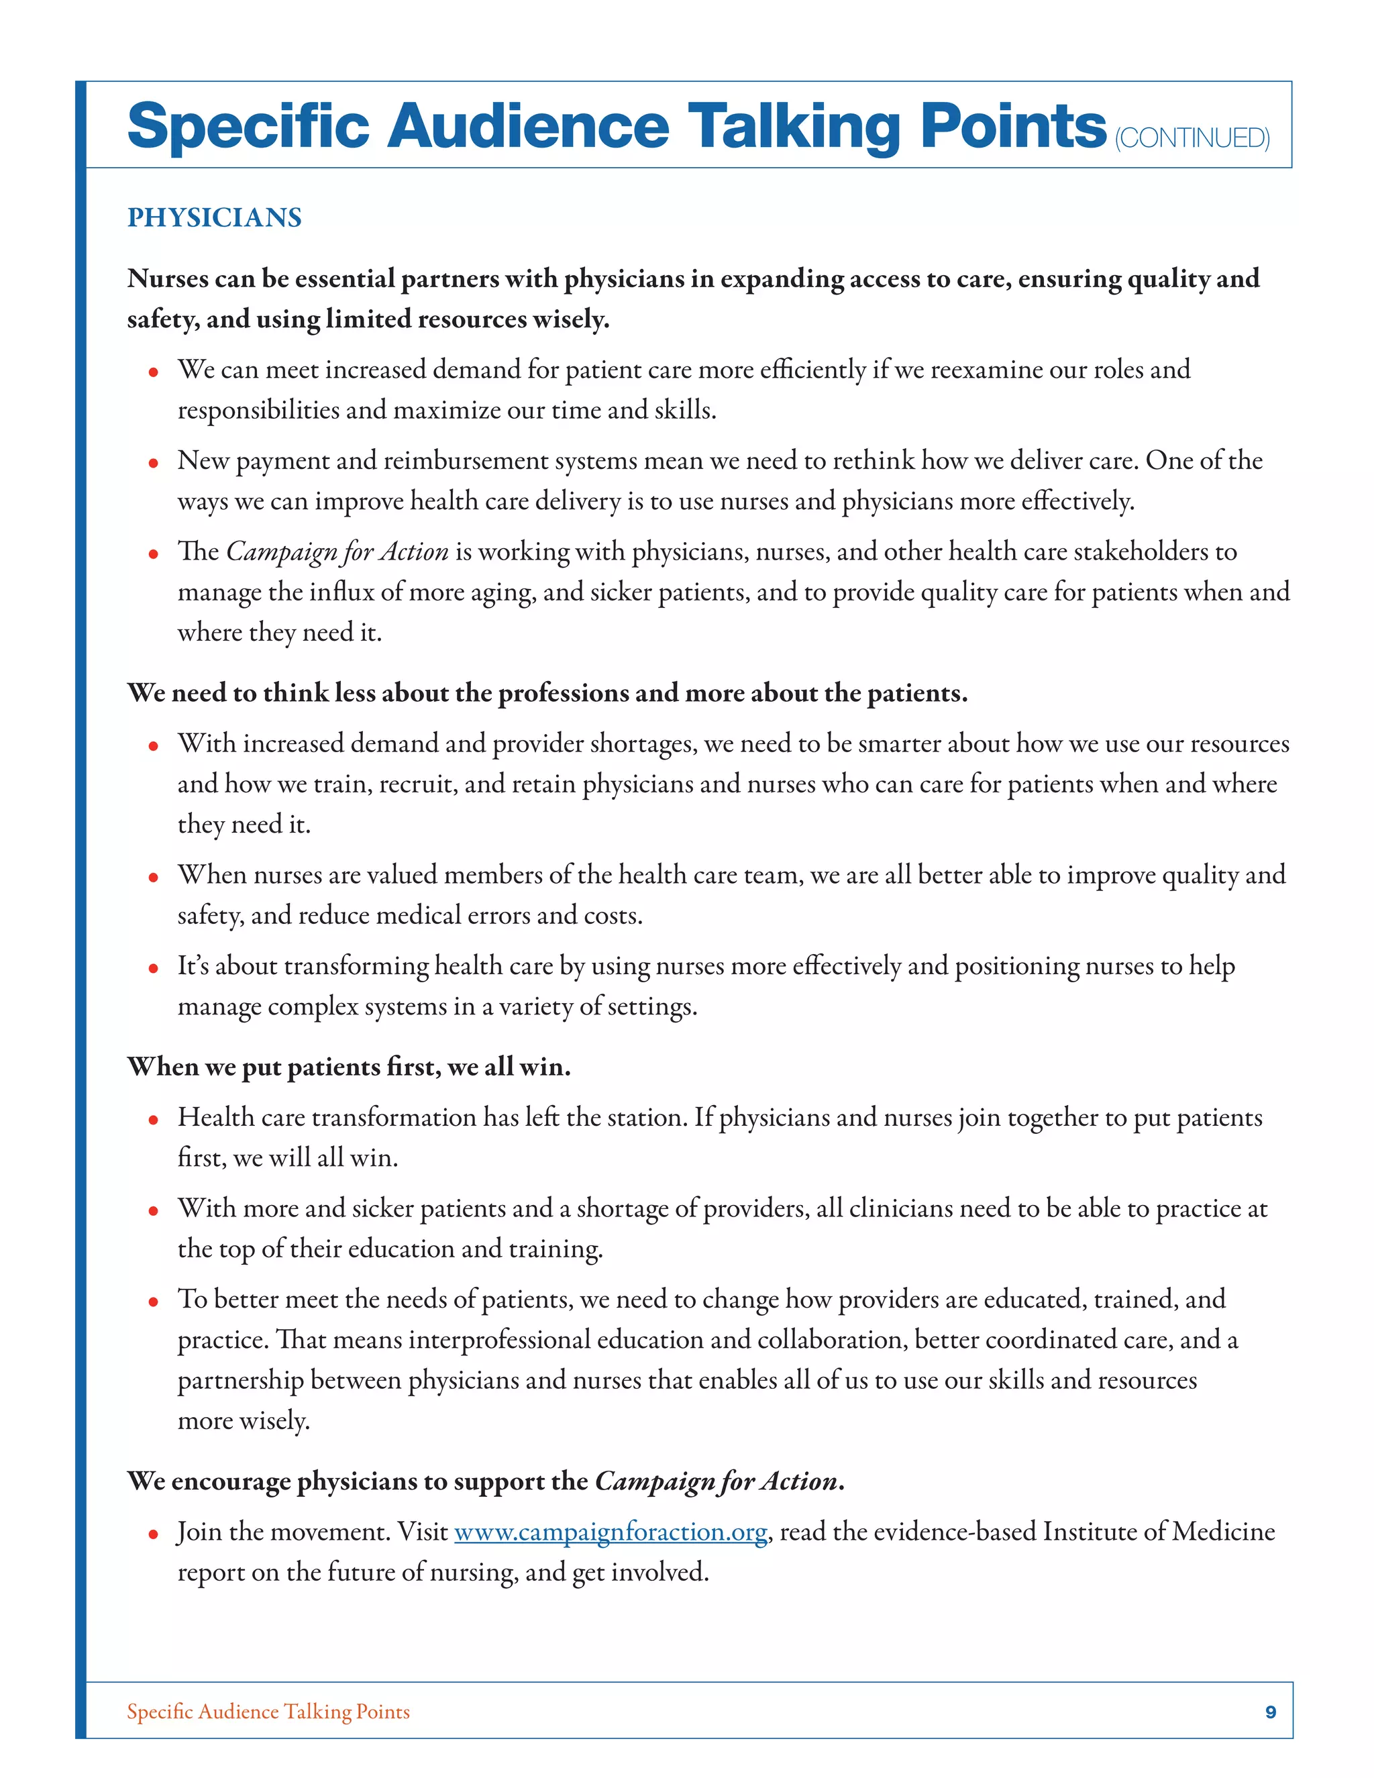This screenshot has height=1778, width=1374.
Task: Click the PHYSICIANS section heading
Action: pos(214,217)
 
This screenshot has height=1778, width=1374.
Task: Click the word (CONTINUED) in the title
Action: pos(1192,138)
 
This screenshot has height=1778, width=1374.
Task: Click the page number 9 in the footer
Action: pos(1270,1712)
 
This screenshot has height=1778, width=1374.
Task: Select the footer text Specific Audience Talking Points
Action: pos(268,1712)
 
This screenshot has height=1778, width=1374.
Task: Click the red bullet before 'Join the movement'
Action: pos(153,1534)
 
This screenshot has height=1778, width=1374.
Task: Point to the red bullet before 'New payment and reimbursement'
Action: pos(153,463)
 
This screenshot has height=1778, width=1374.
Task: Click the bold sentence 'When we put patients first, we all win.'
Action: pos(348,1067)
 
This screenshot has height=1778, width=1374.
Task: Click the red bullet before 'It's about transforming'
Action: pos(153,969)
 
